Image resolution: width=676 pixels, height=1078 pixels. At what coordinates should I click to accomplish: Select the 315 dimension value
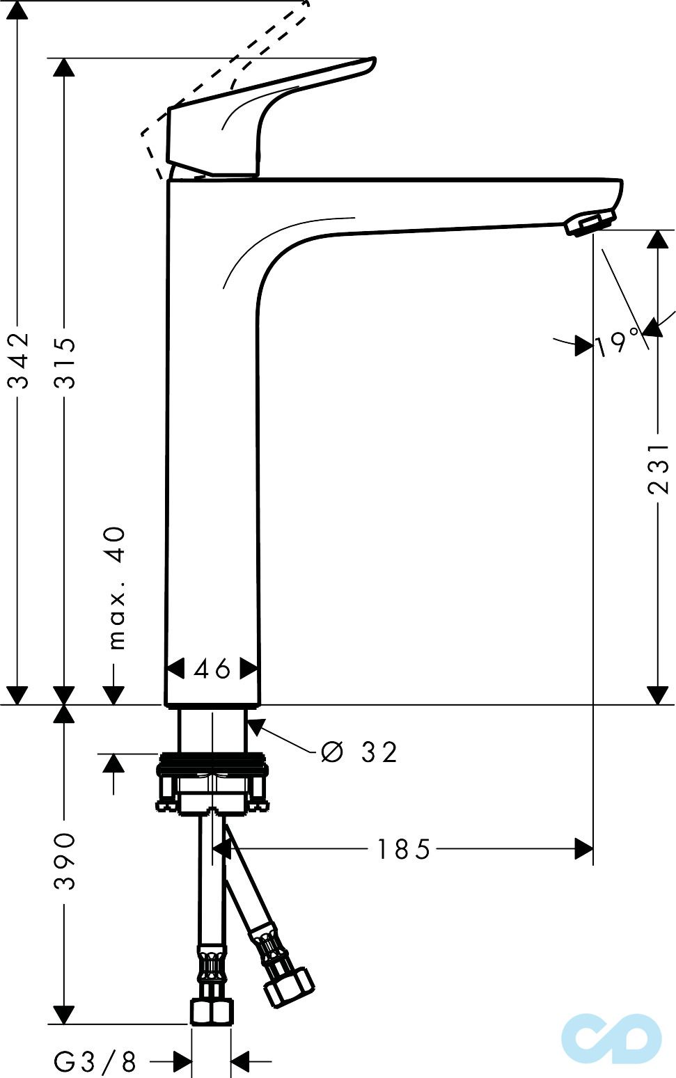(65, 363)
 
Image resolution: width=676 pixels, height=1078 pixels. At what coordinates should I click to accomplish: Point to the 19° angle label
(616, 343)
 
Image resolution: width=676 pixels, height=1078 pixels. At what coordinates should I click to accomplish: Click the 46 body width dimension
(212, 669)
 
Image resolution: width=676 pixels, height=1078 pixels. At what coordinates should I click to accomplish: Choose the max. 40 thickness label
(117, 587)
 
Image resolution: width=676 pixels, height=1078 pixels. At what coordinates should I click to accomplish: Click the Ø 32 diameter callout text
(359, 752)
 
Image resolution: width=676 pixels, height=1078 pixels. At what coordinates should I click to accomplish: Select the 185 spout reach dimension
(404, 849)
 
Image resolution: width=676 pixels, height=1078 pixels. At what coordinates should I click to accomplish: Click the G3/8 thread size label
(95, 1062)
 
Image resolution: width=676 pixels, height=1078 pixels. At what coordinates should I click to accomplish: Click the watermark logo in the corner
(611, 1038)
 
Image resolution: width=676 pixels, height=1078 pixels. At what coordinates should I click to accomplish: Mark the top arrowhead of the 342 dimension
(17, 11)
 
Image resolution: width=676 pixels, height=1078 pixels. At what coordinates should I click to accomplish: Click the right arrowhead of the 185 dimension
(583, 849)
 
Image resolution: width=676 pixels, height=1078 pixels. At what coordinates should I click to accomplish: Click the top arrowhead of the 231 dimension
(658, 239)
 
